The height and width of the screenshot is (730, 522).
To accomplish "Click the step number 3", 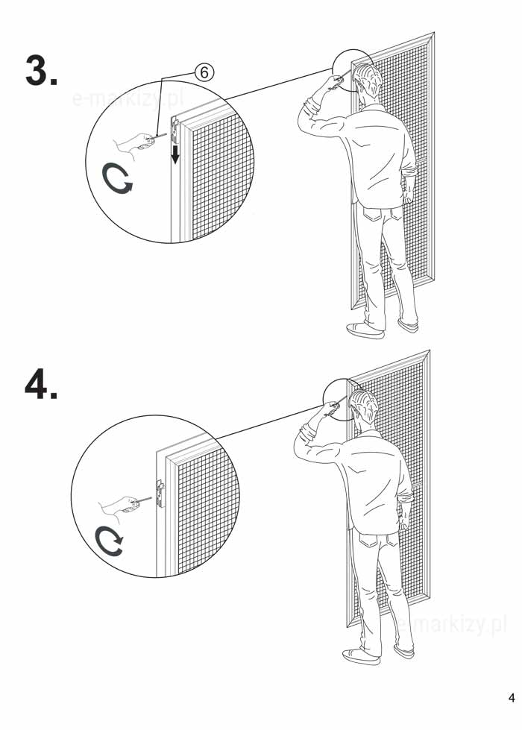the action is click(41, 70).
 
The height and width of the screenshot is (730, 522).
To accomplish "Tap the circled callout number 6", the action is click(204, 72).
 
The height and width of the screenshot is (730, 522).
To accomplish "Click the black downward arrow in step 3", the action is click(175, 154).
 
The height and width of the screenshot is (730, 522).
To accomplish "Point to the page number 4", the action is click(512, 697).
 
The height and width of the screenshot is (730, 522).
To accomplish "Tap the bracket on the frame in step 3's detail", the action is click(175, 130).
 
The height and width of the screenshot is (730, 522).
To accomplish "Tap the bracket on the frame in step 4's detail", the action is click(160, 494).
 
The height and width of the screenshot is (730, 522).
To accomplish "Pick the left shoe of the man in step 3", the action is click(365, 330).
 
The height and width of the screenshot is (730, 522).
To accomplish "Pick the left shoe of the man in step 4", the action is click(361, 656).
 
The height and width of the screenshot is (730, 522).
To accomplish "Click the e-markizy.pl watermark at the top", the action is click(128, 99).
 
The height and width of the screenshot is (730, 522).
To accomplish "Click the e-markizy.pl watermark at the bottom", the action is click(450, 625).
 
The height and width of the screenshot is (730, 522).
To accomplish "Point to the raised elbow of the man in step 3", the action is click(305, 116).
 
